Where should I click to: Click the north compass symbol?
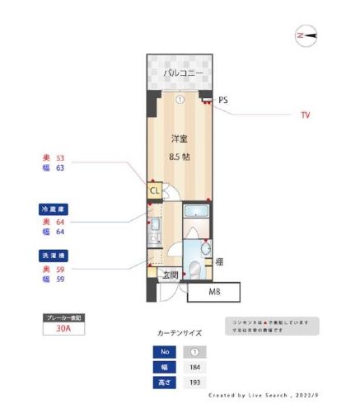pos(306,35)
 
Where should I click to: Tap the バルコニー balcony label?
pos(180,73)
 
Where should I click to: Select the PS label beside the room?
pos(223,100)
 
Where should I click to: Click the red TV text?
pos(305,115)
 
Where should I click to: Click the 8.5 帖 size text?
pos(180,156)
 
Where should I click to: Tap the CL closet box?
pos(153,191)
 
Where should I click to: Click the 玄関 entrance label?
pos(170,275)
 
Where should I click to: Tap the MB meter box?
pos(213,292)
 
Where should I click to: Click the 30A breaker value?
pos(63,328)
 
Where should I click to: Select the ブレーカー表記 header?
pos(63,317)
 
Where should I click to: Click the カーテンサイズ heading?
pos(179,333)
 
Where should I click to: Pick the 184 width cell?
pos(195,367)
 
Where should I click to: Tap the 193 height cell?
pos(195,383)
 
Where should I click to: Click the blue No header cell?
pos(163,351)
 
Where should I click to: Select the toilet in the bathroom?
pos(195,270)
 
